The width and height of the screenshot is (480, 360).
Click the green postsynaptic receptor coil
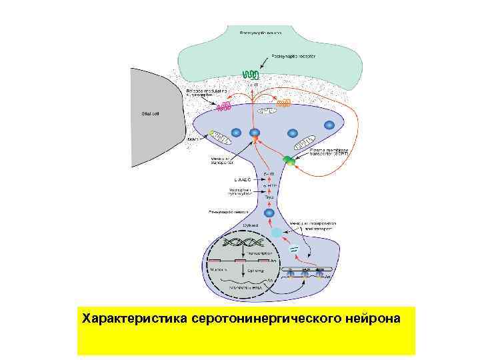coord(251,74)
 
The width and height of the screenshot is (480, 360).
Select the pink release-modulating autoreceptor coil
coord(225,105)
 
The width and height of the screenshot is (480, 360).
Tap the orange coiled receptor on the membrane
coord(284,103)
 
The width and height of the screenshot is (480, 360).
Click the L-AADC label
coord(241,180)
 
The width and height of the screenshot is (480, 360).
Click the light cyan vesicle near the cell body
coord(277,233)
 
